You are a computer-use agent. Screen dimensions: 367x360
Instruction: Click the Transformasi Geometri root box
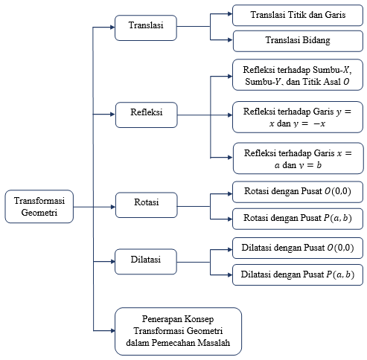pos(39,207)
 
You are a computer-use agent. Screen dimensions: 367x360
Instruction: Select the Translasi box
pos(146,28)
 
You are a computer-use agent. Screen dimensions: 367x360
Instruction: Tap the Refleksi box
pos(147,115)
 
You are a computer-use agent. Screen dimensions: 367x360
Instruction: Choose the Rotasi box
pos(147,205)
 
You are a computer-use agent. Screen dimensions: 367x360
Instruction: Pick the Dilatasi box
pos(146,262)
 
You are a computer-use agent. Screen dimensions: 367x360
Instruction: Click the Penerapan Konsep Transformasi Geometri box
pos(178,332)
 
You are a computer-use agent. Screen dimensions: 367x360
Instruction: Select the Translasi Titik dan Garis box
pos(298,15)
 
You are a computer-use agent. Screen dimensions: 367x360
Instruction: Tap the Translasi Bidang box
pos(298,41)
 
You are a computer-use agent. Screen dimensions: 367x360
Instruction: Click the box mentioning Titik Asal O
pos(298,74)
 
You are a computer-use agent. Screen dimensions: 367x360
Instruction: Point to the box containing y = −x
pos(298,117)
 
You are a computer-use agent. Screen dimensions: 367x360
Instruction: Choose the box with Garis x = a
pos(299,158)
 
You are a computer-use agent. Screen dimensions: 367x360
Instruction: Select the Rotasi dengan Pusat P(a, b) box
pos(298,219)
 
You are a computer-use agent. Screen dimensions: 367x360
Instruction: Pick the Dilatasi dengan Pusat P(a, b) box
pos(298,275)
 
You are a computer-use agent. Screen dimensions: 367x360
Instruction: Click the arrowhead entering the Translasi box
pos(112,28)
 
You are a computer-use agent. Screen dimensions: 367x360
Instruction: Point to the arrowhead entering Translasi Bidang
pos(230,39)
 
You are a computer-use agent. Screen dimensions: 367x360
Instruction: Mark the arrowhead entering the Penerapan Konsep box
pos(112,330)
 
